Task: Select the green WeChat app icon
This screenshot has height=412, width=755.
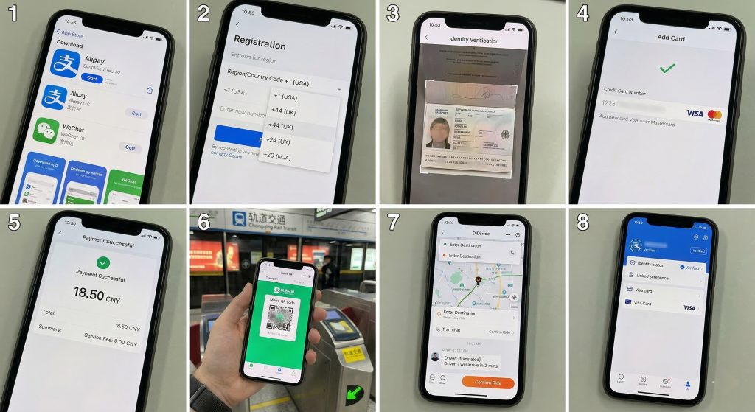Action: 46,133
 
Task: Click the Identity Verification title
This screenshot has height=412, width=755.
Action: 473,40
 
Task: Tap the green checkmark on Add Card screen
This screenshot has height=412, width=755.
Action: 667,68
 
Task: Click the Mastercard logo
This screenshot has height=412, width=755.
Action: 714,114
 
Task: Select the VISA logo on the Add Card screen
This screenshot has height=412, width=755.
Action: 695,114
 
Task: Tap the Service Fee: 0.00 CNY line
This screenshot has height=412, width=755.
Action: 111,343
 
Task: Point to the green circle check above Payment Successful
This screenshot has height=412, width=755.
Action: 102,262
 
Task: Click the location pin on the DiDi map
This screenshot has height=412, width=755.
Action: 478,281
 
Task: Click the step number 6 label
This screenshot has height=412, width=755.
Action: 204,222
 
